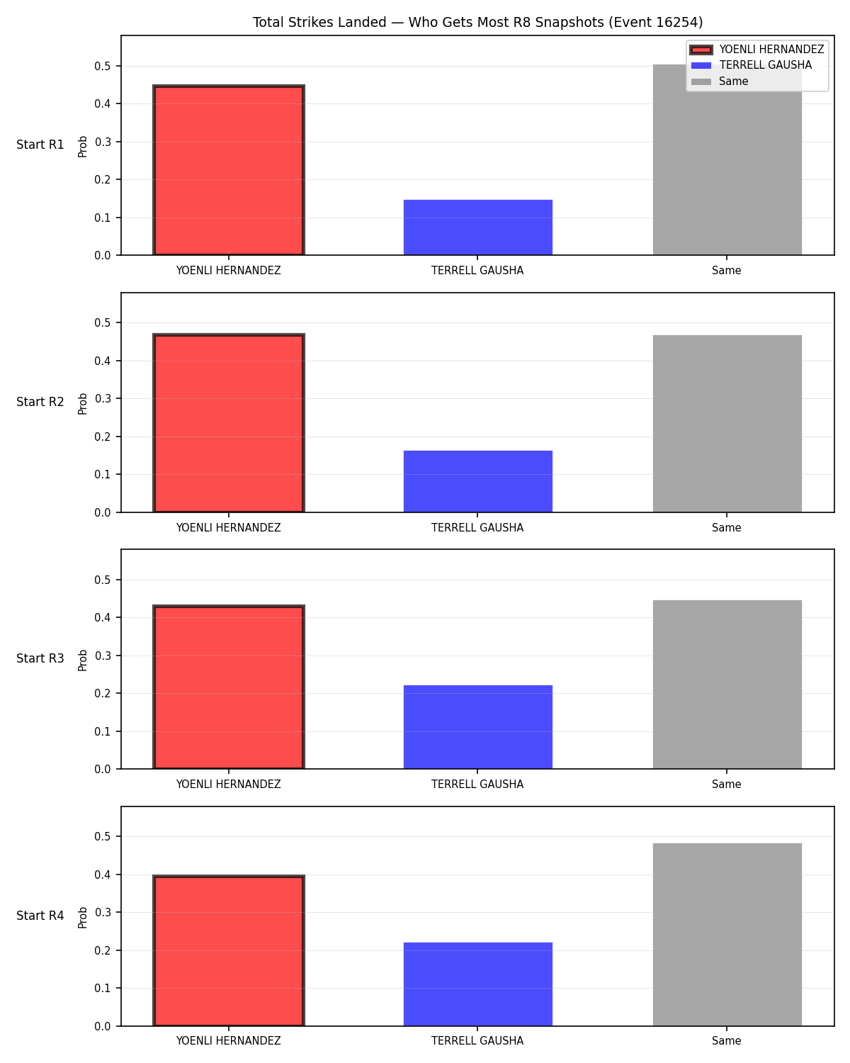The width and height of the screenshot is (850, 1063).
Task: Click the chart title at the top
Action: (x=477, y=22)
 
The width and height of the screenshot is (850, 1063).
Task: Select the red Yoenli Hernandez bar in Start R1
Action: (x=229, y=170)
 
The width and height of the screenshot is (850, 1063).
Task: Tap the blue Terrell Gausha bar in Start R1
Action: (x=477, y=227)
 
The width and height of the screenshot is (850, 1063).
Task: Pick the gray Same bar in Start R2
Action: (x=727, y=423)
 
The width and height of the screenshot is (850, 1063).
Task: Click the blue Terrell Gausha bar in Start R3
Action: (x=477, y=726)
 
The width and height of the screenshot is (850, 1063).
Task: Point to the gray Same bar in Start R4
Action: (x=727, y=934)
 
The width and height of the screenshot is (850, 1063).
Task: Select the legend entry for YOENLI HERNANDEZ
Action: (x=756, y=50)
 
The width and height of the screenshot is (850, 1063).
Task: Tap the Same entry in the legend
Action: (x=719, y=81)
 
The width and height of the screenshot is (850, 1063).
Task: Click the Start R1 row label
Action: (x=40, y=145)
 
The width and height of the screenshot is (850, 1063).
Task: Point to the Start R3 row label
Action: (x=40, y=658)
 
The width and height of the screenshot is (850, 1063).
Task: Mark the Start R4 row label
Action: (x=40, y=916)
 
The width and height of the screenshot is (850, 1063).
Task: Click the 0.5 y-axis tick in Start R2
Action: (x=103, y=322)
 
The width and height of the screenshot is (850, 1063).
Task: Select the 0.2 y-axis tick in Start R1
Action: (x=103, y=179)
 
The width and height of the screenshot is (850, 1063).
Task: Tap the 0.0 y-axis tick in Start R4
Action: (x=103, y=1026)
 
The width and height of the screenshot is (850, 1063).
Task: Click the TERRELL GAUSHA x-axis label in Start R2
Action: (x=477, y=527)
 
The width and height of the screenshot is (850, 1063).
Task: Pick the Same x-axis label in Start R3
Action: (x=726, y=784)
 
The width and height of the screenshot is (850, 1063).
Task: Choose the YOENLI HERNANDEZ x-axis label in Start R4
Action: (x=228, y=1040)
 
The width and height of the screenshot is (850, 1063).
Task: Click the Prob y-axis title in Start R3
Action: (x=82, y=660)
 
